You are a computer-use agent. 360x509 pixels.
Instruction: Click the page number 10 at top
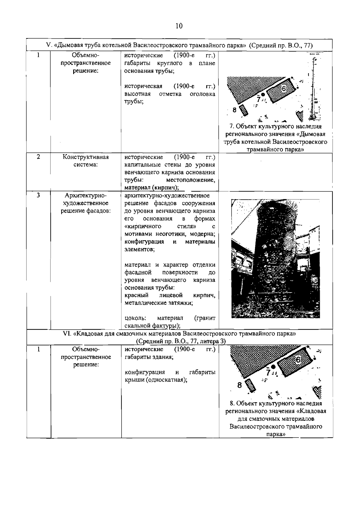point(179,26)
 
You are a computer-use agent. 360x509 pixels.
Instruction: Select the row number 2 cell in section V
point(38,157)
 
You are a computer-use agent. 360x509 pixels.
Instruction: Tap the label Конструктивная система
point(85,161)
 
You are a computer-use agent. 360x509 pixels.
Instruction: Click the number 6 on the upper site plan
point(284,88)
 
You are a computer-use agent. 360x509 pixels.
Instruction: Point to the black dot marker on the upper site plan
point(263,94)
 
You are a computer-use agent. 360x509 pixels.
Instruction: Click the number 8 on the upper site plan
point(235,110)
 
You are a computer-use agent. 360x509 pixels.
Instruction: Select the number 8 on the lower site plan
point(239,385)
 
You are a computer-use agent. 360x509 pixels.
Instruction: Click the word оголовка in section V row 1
point(202,94)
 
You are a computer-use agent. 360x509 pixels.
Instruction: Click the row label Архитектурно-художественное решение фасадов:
point(85,203)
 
